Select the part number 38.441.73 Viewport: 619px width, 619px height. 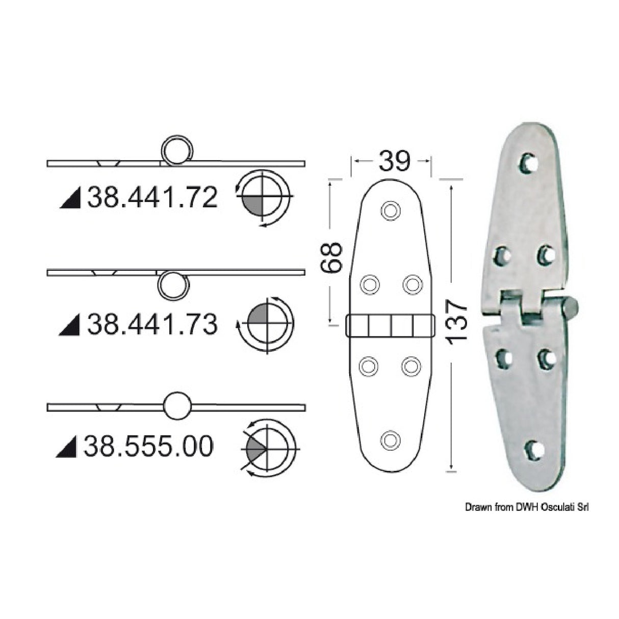click(152, 324)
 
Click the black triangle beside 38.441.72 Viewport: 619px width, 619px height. click(71, 199)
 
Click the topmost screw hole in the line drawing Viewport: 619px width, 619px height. click(390, 210)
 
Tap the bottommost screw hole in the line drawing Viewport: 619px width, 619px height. click(390, 440)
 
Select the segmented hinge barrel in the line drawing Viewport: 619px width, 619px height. click(390, 325)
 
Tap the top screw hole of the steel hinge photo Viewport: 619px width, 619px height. click(528, 163)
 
